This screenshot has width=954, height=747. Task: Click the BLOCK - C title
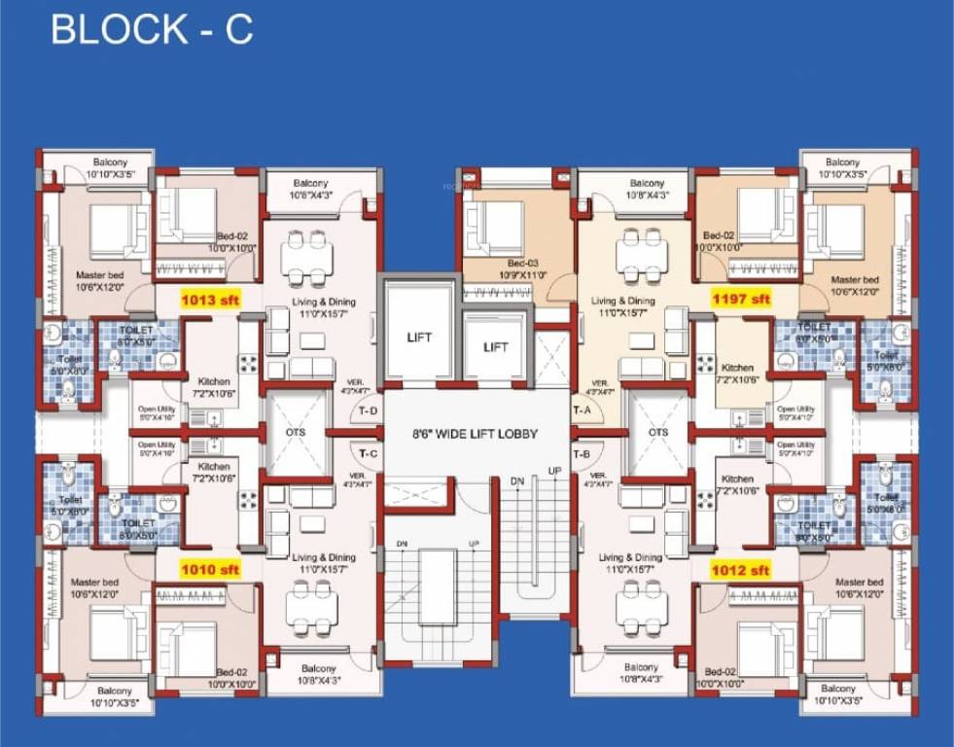pyautogui.click(x=152, y=29)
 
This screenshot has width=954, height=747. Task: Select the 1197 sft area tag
pyautogui.click(x=741, y=300)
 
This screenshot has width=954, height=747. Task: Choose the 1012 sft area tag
pyautogui.click(x=741, y=569)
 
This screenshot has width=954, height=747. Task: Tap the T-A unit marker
pyautogui.click(x=583, y=410)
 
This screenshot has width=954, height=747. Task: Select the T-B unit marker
pyautogui.click(x=583, y=454)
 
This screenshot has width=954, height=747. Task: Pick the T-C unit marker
pyautogui.click(x=368, y=454)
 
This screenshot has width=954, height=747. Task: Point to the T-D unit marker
pyautogui.click(x=368, y=410)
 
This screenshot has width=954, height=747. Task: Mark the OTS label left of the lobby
pyautogui.click(x=295, y=432)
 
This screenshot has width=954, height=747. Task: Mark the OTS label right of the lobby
pyautogui.click(x=658, y=432)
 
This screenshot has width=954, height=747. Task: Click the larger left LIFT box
pyautogui.click(x=419, y=338)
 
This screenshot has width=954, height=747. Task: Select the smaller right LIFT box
pyautogui.click(x=496, y=346)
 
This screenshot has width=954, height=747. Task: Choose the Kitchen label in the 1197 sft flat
pyautogui.click(x=737, y=373)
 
